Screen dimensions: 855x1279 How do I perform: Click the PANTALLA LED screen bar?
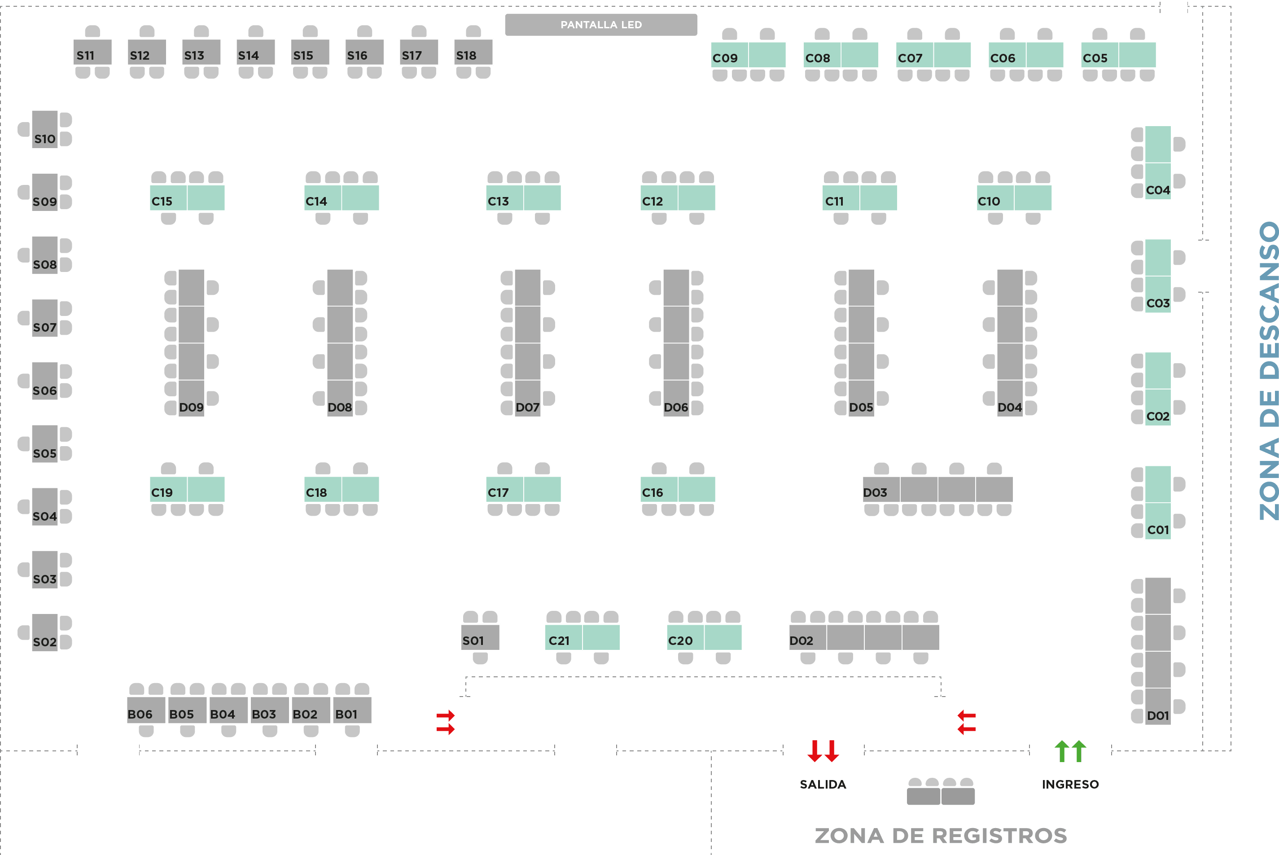pos(601,25)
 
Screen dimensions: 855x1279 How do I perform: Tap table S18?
pos(473,53)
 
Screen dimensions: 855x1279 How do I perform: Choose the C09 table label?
pos(725,58)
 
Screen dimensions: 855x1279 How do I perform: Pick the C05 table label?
pos(1095,58)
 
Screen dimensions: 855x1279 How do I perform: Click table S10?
pos(45,130)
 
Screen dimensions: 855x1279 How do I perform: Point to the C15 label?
pos(162,201)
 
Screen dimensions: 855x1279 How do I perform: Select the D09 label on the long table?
pos(191,408)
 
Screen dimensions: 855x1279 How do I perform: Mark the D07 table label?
pos(527,408)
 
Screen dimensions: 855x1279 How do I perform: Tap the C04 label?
pos(1158,190)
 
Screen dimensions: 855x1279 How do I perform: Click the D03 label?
pos(875,492)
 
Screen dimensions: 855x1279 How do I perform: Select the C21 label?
pos(559,641)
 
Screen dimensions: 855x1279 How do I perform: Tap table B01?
pos(352,710)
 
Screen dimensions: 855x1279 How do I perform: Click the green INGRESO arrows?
pos(1070,751)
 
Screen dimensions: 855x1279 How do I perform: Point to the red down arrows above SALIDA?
pos(823,751)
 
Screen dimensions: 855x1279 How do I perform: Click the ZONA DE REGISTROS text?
pos(941,835)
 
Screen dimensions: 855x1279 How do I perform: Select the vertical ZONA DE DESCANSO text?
pos(1269,371)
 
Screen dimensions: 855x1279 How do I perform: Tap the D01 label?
pos(1158,715)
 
